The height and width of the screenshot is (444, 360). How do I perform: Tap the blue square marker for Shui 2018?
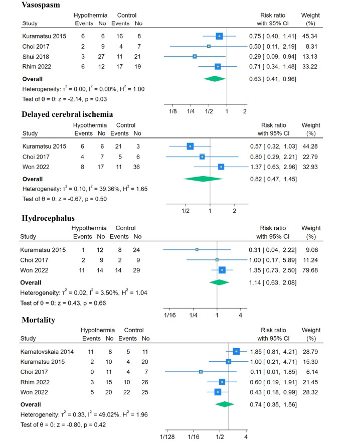[x=195, y=56]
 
